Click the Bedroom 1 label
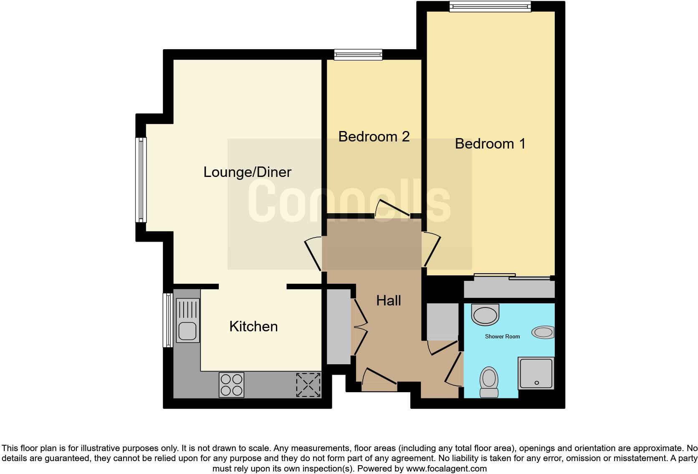[490, 144]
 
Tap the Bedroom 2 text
[374, 136]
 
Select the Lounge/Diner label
[247, 172]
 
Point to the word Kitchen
[253, 326]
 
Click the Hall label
[388, 300]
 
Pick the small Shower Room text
[502, 336]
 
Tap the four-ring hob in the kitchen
[231, 385]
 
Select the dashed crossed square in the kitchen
[308, 385]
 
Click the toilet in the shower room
[489, 382]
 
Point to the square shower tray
[536, 373]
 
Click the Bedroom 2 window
[358, 54]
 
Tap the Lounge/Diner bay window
[141, 179]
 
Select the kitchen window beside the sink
[167, 320]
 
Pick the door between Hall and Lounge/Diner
[313, 253]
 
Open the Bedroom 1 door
[431, 250]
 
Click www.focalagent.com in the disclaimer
[446, 469]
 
